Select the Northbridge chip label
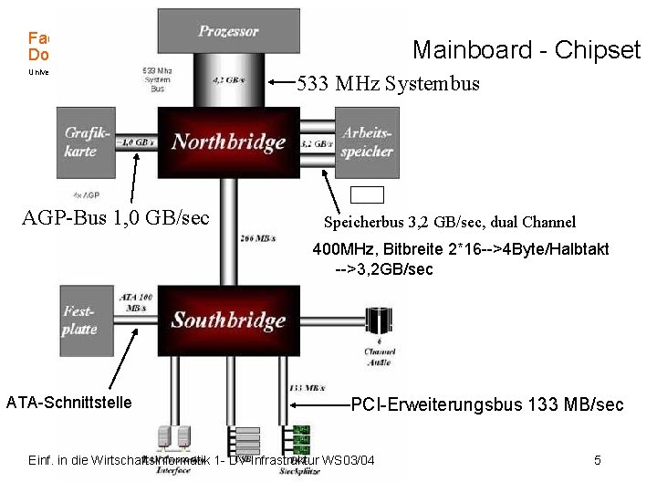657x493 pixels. click(229, 142)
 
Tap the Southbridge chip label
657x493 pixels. click(229, 320)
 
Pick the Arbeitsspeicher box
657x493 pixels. click(367, 142)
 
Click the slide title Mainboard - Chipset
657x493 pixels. click(527, 49)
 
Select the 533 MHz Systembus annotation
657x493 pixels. click(388, 86)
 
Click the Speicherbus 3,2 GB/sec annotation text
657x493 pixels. click(450, 222)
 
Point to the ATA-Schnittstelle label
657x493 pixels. click(68, 403)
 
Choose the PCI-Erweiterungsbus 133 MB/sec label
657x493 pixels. click(487, 404)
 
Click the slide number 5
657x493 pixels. click(597, 460)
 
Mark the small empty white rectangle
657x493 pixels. click(368, 194)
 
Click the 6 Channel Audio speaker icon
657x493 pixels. click(379, 321)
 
